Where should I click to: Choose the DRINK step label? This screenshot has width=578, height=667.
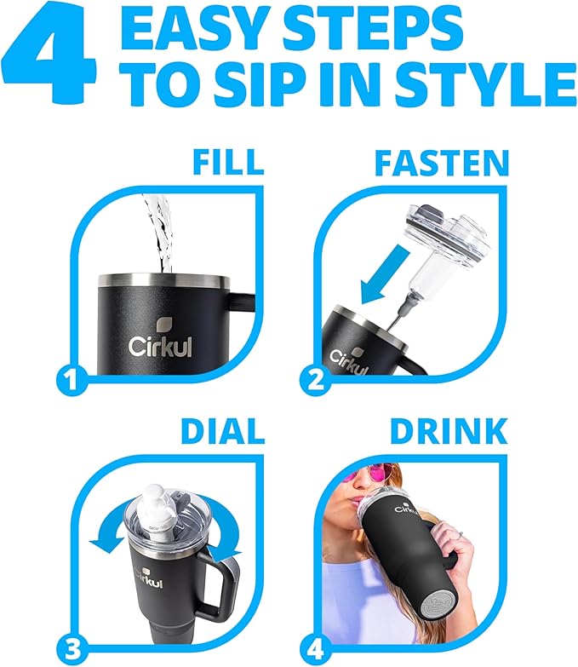click(x=449, y=431)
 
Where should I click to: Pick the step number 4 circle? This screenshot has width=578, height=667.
click(x=319, y=644)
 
